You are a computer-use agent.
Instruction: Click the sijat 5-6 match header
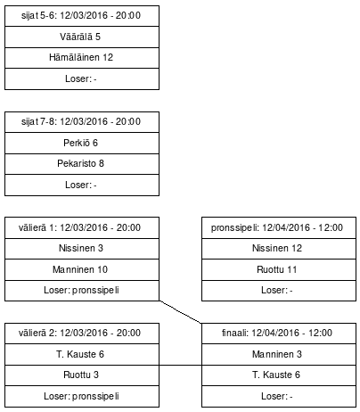(x=82, y=16)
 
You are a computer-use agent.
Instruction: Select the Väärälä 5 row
(x=82, y=37)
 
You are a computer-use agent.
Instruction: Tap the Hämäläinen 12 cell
(x=82, y=57)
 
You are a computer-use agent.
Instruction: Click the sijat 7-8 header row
(x=82, y=122)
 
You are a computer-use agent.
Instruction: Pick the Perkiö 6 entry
(x=82, y=143)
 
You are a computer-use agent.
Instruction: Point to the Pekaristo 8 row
(x=82, y=163)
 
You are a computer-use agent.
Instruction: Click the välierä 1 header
(x=82, y=228)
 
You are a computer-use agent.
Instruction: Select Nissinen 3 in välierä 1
(x=82, y=249)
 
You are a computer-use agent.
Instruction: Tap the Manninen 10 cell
(x=82, y=269)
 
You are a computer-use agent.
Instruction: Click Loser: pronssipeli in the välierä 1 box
(x=82, y=290)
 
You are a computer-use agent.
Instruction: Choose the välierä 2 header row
(x=82, y=333)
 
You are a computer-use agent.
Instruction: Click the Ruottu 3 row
(x=82, y=375)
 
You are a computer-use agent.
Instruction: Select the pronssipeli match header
(x=277, y=228)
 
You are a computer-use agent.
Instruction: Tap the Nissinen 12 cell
(x=277, y=249)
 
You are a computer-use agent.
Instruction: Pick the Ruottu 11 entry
(x=277, y=269)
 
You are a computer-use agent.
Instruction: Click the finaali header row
(x=277, y=333)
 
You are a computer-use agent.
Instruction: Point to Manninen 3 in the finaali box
(x=277, y=354)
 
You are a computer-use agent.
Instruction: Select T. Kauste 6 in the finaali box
(x=277, y=375)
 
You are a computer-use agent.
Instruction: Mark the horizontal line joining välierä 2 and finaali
(x=181, y=365)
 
